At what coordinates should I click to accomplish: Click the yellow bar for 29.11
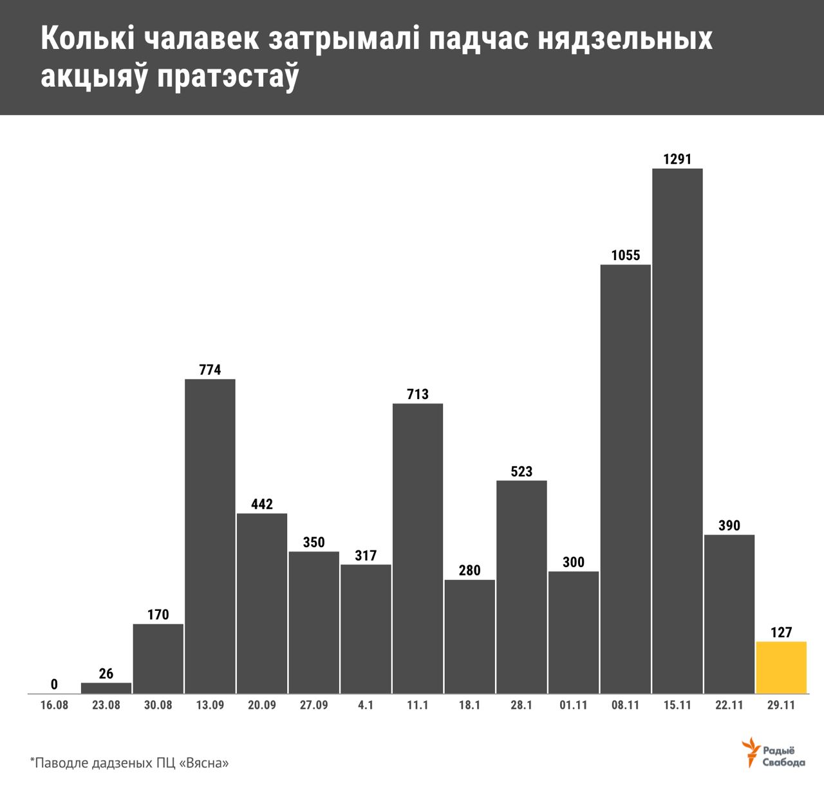click(x=781, y=668)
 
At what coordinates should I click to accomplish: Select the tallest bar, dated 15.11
click(x=677, y=431)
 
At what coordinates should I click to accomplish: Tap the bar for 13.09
click(x=210, y=536)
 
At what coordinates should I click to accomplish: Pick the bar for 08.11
click(x=625, y=479)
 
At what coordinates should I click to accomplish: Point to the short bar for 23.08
click(x=106, y=688)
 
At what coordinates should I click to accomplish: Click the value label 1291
click(x=677, y=159)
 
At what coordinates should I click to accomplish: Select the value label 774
click(x=210, y=370)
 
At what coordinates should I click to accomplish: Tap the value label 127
click(x=781, y=632)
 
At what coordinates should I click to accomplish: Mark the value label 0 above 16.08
click(x=54, y=684)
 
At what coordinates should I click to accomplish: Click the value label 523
click(x=521, y=471)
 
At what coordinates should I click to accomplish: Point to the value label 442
click(x=262, y=504)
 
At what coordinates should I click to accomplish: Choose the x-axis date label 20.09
click(x=262, y=705)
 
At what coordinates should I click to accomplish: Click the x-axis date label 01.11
click(x=573, y=705)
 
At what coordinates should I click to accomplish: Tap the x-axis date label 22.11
click(x=729, y=705)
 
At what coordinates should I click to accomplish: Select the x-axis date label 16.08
click(x=54, y=705)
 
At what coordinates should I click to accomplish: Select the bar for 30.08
click(x=158, y=659)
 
